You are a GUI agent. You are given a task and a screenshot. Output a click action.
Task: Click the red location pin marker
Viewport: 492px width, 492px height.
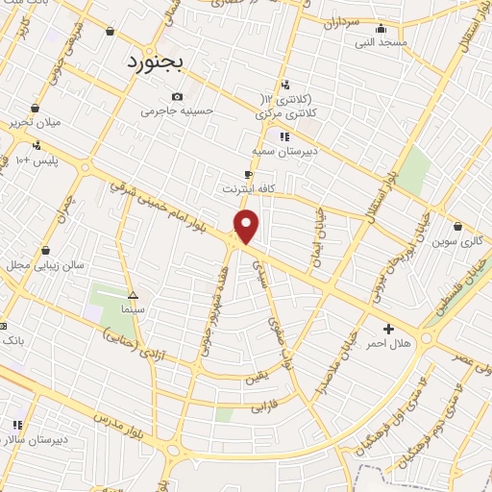pyautogui.click(x=247, y=227)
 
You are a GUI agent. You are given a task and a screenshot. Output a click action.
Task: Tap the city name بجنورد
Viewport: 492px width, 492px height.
pyautogui.click(x=160, y=61)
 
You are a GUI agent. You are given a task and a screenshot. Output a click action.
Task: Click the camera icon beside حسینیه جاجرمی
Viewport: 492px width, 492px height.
pyautogui.click(x=177, y=96)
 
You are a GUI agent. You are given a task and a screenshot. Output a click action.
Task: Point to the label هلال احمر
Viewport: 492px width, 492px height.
pyautogui.click(x=390, y=343)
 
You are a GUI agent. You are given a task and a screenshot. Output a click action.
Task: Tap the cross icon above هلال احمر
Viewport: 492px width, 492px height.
pyautogui.click(x=388, y=329)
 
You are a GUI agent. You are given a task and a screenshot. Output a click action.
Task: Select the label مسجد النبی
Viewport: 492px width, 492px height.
pyautogui.click(x=381, y=42)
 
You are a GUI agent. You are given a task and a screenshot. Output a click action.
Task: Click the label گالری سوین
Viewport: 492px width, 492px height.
pyautogui.click(x=456, y=240)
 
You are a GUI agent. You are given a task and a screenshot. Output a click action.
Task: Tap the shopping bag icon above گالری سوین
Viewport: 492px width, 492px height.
pyautogui.click(x=457, y=226)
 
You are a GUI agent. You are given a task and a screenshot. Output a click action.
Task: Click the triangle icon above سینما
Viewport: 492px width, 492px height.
pyautogui.click(x=133, y=296)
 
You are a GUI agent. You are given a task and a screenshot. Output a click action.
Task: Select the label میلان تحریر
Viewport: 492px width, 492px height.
pyautogui.click(x=35, y=123)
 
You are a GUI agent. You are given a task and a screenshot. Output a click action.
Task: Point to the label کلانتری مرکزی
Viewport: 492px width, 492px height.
pyautogui.click(x=289, y=113)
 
